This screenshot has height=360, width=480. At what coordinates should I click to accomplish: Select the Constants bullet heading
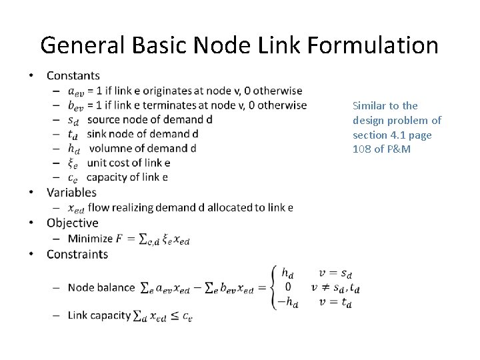click(73, 76)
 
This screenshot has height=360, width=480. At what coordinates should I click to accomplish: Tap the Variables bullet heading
click(71, 193)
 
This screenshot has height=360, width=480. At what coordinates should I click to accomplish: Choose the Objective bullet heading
click(72, 223)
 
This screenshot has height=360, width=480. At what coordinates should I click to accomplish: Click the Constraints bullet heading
click(77, 254)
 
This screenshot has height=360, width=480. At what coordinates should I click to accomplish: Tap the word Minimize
click(90, 238)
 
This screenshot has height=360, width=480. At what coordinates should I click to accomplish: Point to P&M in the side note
click(399, 149)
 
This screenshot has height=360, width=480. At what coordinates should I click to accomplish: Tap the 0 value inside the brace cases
click(287, 287)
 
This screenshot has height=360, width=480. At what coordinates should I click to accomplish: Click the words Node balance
click(101, 287)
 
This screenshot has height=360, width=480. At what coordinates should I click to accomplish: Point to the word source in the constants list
click(104, 120)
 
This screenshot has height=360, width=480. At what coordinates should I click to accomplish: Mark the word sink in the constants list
click(98, 134)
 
